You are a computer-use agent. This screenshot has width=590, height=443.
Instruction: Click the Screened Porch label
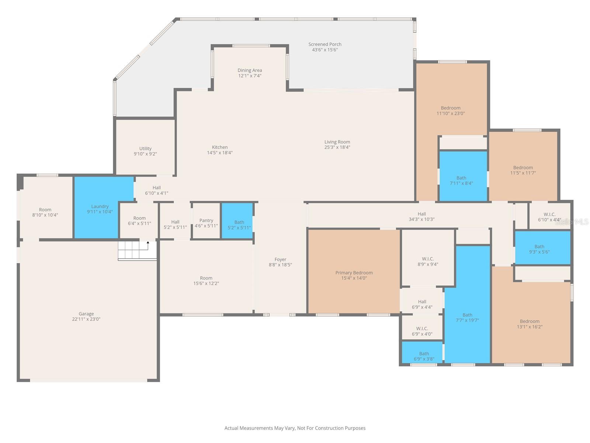click(x=325, y=44)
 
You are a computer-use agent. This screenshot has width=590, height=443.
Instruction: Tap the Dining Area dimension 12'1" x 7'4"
click(x=250, y=76)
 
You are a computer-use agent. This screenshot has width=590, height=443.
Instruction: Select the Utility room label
click(x=145, y=148)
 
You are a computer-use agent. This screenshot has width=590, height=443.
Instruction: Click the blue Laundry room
click(x=100, y=209)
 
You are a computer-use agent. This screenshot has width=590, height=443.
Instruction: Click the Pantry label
click(x=206, y=220)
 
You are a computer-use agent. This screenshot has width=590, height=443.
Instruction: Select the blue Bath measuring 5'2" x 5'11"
click(x=239, y=224)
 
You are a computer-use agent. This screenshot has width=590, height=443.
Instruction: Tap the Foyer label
click(x=280, y=260)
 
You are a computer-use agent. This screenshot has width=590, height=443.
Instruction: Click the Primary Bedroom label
click(x=354, y=273)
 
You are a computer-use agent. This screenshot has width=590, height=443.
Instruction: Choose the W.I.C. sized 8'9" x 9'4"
click(x=428, y=261)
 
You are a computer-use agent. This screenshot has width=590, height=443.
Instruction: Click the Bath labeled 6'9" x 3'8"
click(x=424, y=356)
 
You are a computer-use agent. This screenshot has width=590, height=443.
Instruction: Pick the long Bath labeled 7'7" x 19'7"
click(x=467, y=317)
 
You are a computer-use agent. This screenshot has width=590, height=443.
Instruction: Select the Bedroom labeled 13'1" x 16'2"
click(x=530, y=324)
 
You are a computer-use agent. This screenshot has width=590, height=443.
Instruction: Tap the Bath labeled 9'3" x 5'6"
click(x=539, y=249)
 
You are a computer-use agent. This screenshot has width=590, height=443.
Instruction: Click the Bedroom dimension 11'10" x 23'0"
click(x=451, y=114)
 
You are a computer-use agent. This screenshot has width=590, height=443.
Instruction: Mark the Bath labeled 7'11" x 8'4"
click(x=461, y=180)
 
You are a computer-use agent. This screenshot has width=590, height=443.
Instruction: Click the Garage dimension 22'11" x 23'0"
click(x=86, y=319)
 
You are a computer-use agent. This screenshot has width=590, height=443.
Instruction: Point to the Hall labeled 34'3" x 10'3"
click(x=421, y=216)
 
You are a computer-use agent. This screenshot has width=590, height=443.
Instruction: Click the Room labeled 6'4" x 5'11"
click(x=139, y=220)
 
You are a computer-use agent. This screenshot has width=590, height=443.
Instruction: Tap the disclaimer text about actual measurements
click(x=295, y=428)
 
